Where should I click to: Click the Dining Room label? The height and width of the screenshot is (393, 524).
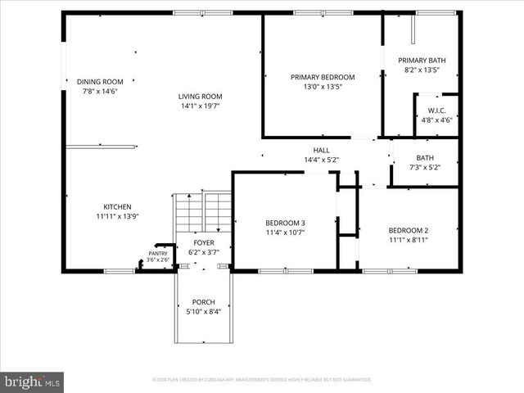click(x=100, y=81)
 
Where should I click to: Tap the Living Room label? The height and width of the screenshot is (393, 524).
click(x=201, y=96)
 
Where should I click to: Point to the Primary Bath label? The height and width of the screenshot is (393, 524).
click(x=422, y=61)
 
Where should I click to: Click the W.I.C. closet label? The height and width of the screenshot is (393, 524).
click(x=436, y=110)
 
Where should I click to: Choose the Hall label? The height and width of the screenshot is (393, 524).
click(x=321, y=150)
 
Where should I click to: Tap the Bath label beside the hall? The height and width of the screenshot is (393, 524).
click(x=424, y=158)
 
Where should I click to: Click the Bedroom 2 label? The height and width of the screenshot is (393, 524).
click(x=409, y=230)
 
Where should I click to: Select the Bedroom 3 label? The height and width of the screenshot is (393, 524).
click(x=285, y=223)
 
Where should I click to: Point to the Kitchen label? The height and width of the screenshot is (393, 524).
click(x=117, y=207)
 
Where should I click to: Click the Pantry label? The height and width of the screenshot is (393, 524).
click(x=158, y=253)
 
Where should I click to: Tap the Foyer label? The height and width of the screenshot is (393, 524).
click(x=203, y=243)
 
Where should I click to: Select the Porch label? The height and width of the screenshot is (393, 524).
click(x=203, y=302)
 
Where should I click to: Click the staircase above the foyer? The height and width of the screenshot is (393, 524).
click(x=202, y=213)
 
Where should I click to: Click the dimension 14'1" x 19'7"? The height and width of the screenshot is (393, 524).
click(x=201, y=106)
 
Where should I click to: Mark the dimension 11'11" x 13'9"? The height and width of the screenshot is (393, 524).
click(x=117, y=217)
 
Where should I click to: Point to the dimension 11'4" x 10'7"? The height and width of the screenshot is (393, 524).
click(x=285, y=233)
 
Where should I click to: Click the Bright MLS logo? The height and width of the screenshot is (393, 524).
click(x=33, y=382)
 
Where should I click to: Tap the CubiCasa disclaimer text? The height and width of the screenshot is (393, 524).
click(x=262, y=380)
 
